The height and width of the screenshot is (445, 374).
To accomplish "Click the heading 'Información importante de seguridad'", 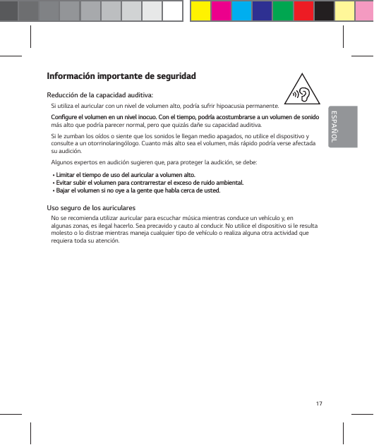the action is pos(121,76).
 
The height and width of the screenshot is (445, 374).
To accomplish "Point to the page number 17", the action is pos(319,403).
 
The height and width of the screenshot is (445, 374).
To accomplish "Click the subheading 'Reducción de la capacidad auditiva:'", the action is pos(99,95).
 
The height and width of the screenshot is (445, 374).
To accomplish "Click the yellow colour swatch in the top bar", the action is pos(201,11).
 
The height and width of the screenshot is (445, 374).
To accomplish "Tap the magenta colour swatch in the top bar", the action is pos(221,11).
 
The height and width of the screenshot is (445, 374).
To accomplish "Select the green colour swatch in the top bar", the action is pos(282,11).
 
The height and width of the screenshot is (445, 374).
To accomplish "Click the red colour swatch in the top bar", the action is pos(303,11).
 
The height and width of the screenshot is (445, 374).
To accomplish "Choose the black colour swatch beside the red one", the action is pos(324,11).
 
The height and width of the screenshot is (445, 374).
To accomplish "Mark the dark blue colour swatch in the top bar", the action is pos(262,11).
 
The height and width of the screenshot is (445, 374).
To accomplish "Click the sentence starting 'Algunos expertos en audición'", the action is pos(141,162).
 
